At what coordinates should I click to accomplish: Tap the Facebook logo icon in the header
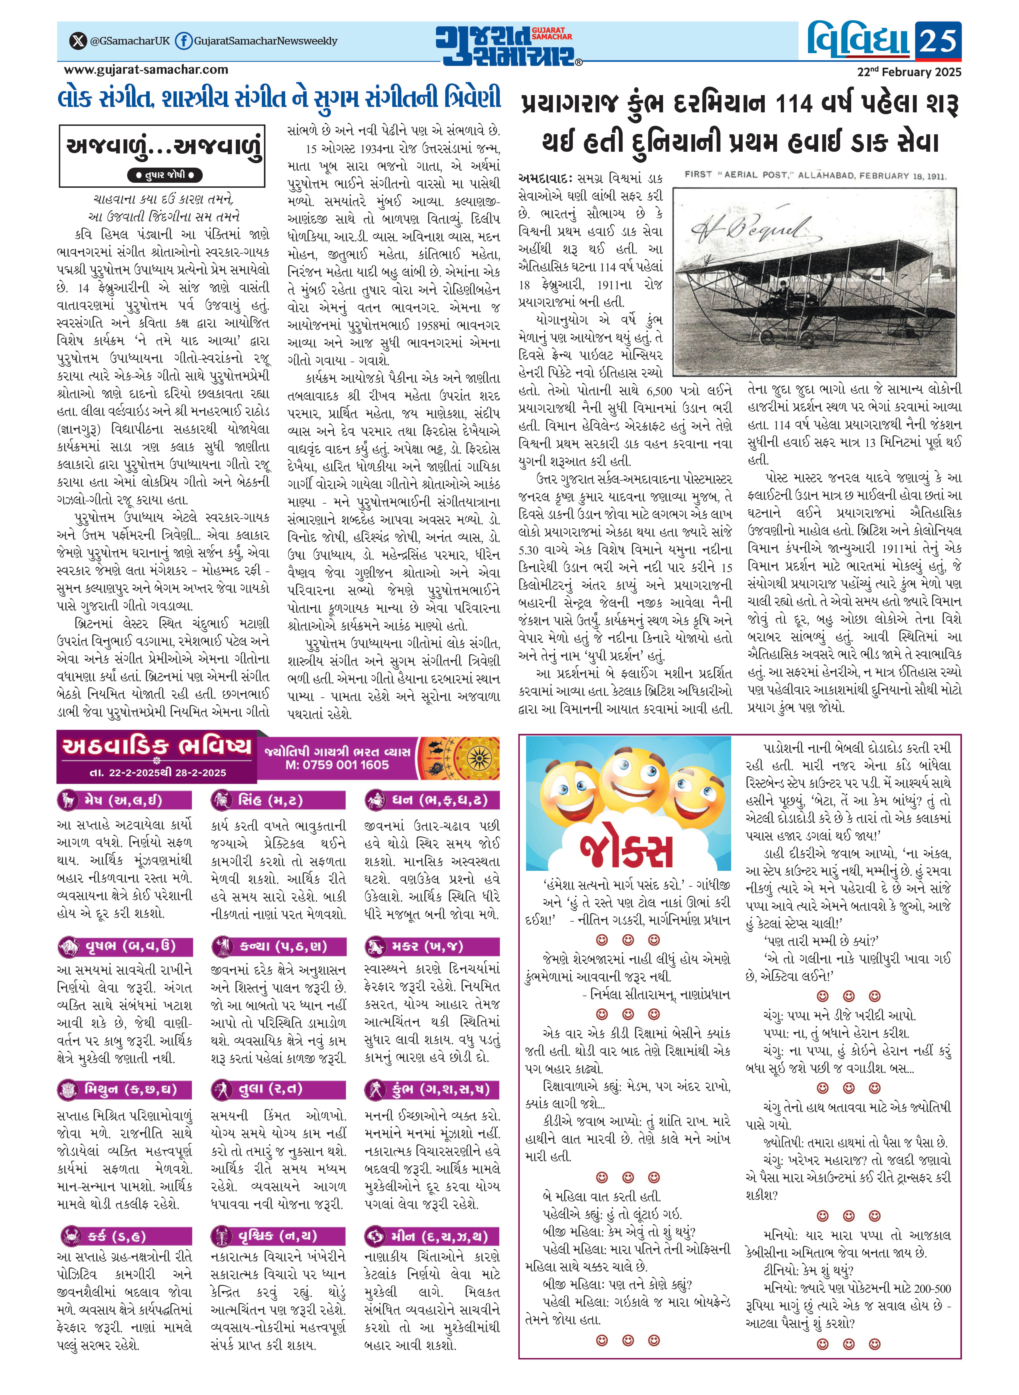pyautogui.click(x=183, y=41)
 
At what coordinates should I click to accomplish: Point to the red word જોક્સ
pyautogui.click(x=627, y=850)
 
